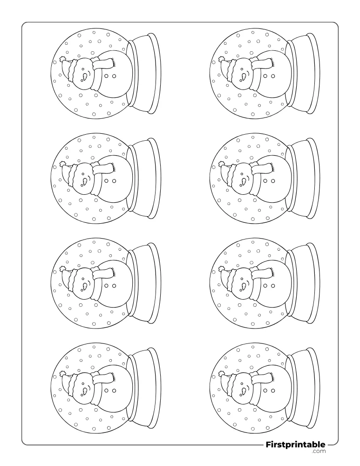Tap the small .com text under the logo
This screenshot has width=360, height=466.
319,452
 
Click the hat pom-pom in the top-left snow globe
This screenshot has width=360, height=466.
62,59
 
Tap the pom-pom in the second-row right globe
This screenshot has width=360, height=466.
221,164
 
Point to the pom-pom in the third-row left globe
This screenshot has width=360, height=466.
62,269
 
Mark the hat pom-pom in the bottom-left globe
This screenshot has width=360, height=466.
62,374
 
